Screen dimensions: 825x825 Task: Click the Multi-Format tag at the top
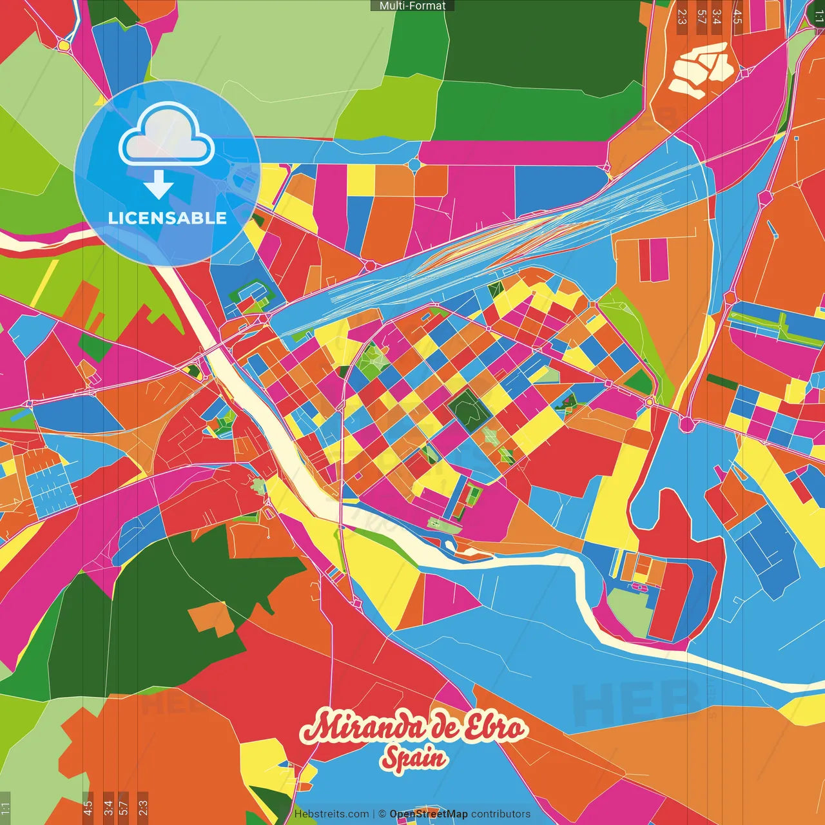tap(412, 6)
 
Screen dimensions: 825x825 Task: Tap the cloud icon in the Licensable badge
tap(166, 135)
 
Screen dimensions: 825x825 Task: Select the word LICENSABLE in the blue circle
tap(167, 218)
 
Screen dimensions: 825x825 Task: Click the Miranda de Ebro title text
tap(412, 728)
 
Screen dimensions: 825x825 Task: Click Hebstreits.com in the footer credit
tap(331, 814)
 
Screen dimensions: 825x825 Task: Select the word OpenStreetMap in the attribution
tap(428, 814)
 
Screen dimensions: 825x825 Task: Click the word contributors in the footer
tap(500, 814)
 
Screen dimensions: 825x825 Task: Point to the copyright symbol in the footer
tap(382, 814)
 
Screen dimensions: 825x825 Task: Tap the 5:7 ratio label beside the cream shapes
tap(701, 17)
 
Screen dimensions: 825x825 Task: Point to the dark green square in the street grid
tap(469, 411)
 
